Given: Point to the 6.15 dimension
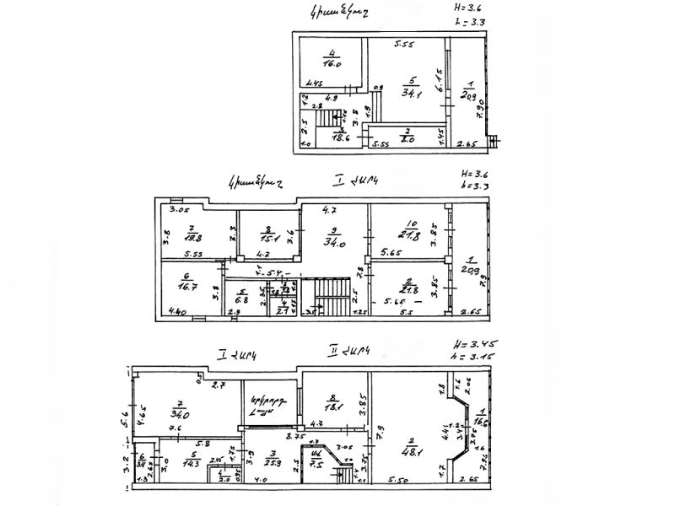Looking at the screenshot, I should [x=438, y=80].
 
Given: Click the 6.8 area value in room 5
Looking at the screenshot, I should [x=240, y=301].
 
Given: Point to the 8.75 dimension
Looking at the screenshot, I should [x=295, y=436].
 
